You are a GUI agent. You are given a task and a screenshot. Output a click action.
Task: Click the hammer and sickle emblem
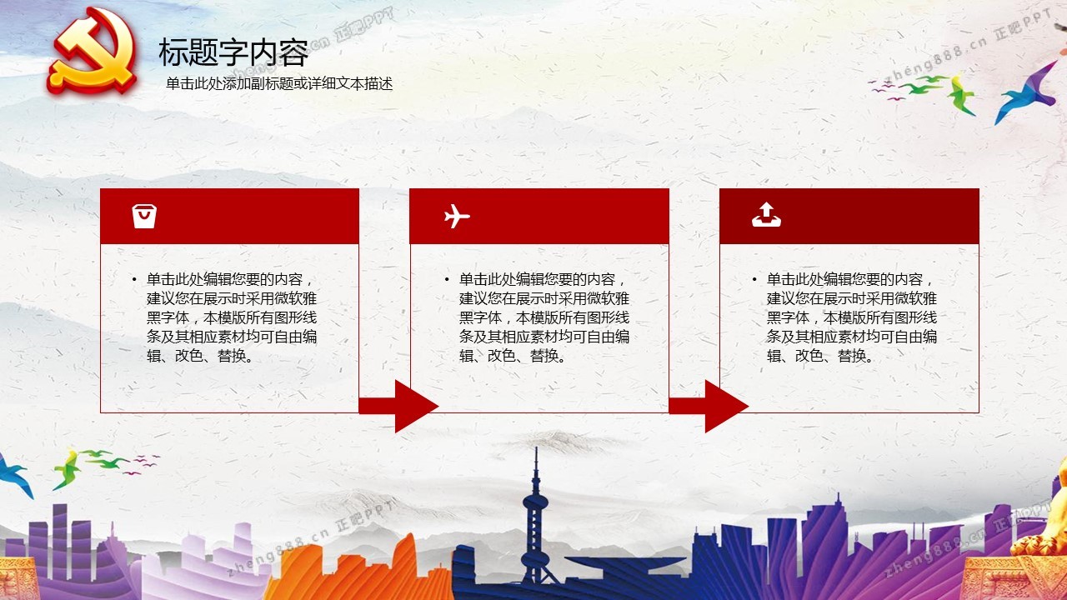coord(93,51)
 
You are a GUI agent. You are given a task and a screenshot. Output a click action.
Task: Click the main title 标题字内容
coord(233,52)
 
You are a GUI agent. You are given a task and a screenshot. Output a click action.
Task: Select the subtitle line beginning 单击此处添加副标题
coord(279,84)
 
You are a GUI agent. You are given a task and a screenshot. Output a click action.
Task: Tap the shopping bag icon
coord(144,216)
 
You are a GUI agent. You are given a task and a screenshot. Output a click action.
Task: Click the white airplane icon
coord(457,216)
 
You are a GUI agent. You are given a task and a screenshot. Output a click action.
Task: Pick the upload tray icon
coord(766,215)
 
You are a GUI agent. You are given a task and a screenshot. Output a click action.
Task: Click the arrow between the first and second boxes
coord(398,406)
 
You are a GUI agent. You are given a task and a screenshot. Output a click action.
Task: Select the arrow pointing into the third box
coord(709,406)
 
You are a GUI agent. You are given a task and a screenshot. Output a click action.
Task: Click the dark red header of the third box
coord(849,216)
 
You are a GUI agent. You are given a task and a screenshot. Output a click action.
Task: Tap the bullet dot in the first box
coord(135,279)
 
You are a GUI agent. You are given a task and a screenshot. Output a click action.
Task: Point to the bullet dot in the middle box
coord(447,279)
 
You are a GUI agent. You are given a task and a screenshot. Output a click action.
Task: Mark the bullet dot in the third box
coord(754,279)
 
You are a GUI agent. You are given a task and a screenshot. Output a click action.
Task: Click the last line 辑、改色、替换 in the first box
coord(200,356)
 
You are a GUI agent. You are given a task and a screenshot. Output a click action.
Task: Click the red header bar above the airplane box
coord(539,216)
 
